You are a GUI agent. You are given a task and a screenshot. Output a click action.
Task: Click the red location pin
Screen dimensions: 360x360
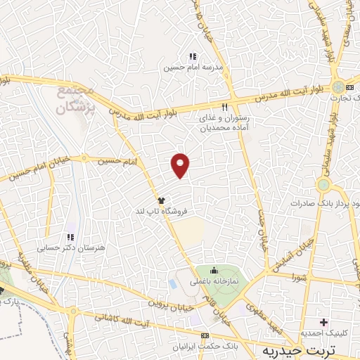coord(181,165)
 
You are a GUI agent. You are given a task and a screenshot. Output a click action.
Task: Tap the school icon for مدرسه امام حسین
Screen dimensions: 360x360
coord(192,56)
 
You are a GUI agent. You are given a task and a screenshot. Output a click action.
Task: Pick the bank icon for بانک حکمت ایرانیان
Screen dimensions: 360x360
coord(205,335)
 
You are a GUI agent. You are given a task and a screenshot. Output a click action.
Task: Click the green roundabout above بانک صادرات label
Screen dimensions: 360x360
coord(323,185)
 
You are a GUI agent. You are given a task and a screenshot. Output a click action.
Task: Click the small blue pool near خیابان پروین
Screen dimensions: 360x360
coord(173,284)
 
